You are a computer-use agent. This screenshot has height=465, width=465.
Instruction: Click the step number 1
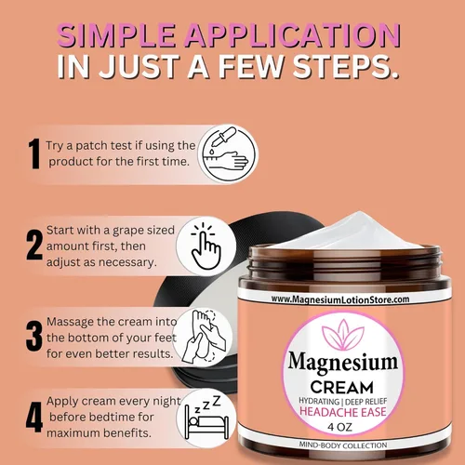point(33,153)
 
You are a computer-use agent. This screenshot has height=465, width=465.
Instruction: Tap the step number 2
point(33,244)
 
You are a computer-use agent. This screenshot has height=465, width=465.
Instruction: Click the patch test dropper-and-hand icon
point(223,153)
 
